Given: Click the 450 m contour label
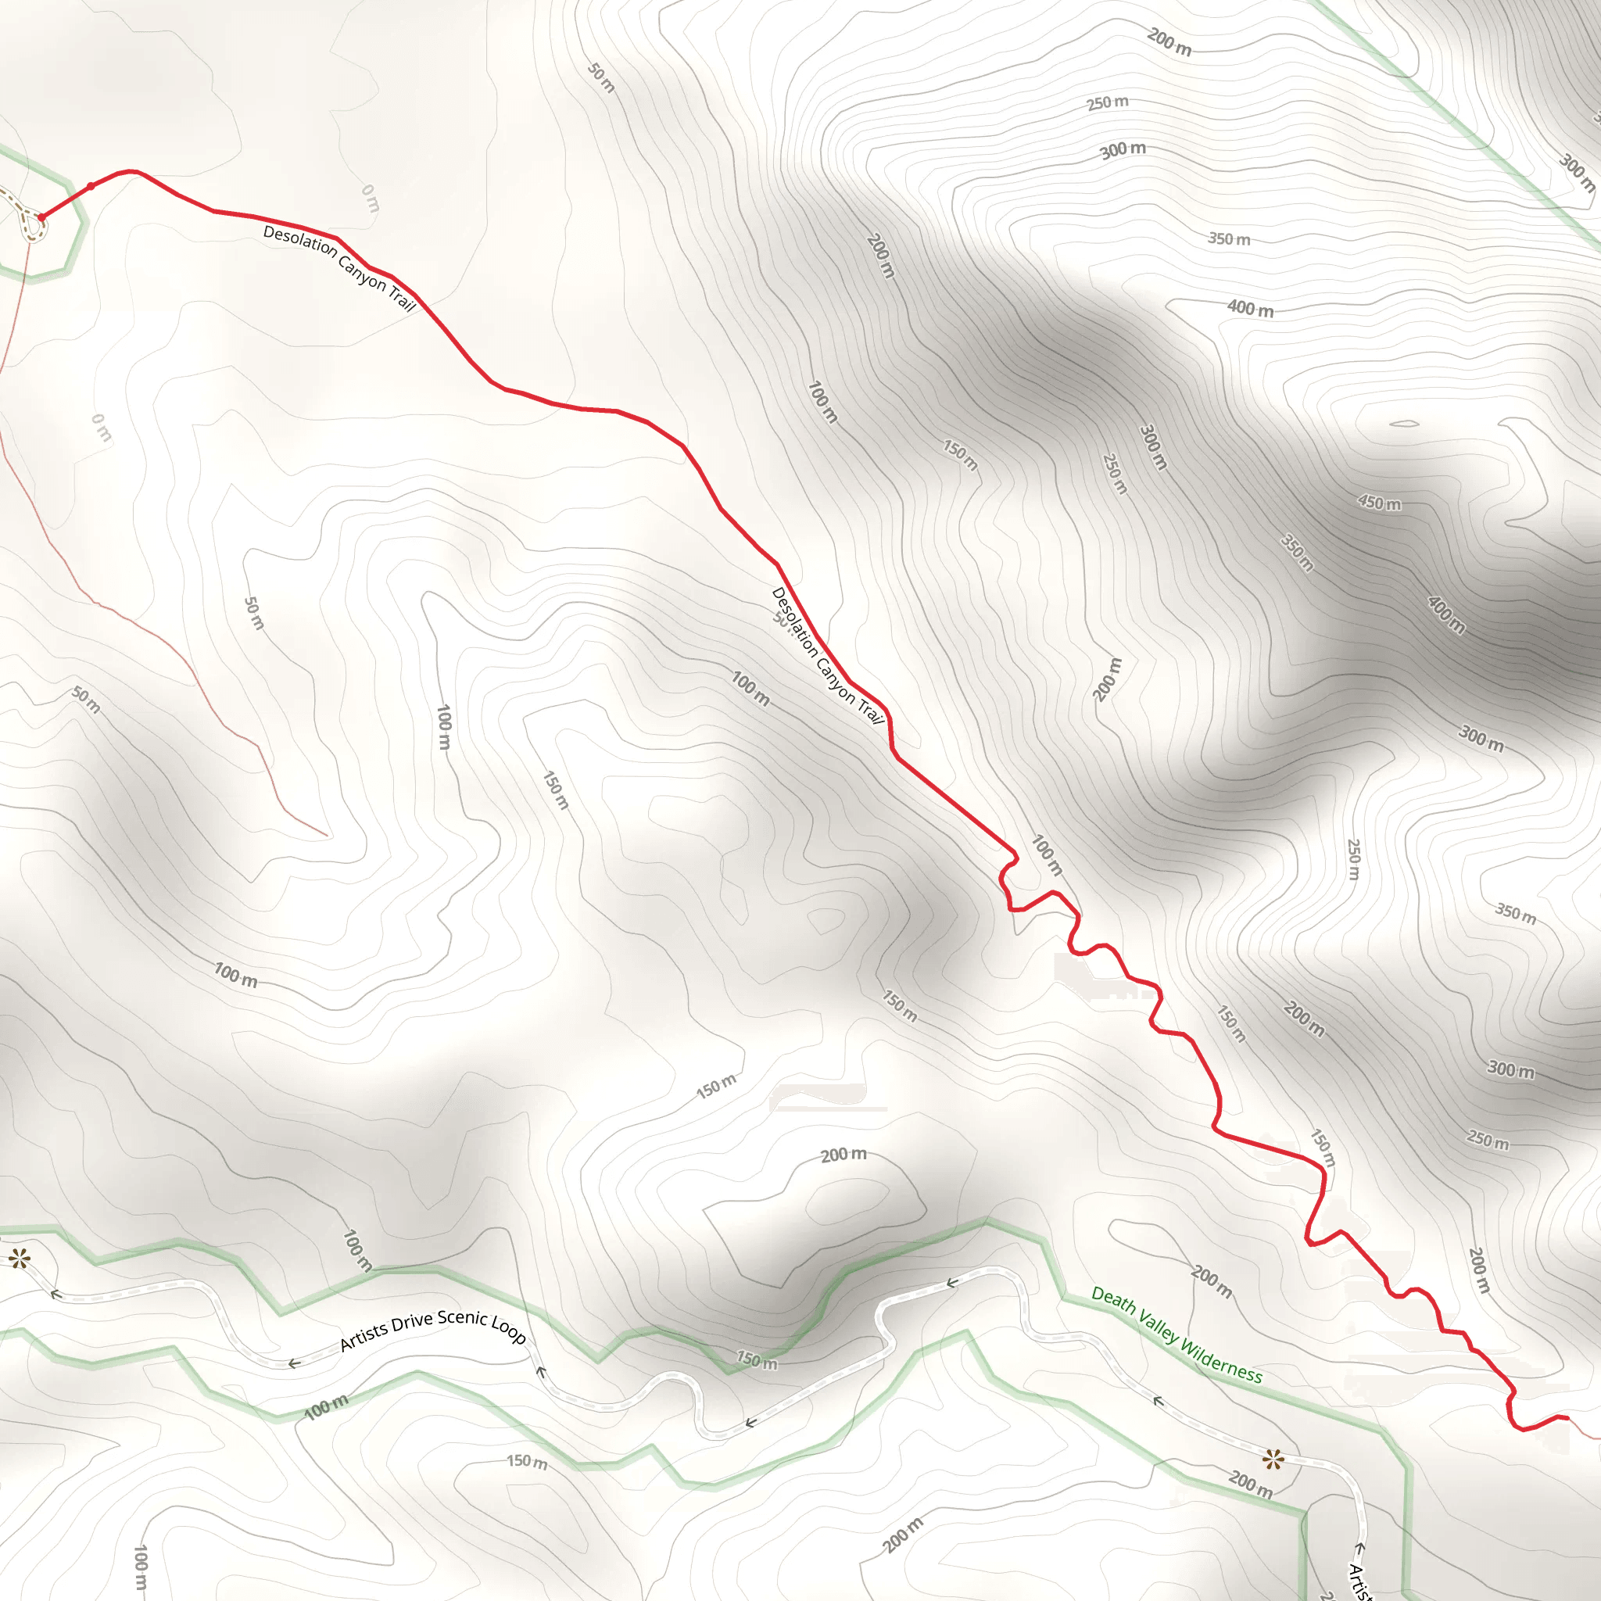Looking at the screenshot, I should (x=1379, y=503).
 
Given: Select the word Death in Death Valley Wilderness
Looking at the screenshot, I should (x=1113, y=1301).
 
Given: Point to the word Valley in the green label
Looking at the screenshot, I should (x=1157, y=1326).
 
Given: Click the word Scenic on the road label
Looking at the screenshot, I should (x=461, y=1319).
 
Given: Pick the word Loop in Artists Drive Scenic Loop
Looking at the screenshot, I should (x=508, y=1330).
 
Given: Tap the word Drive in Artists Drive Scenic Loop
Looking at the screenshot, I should (x=411, y=1323).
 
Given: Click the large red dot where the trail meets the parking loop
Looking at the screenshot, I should (x=41, y=217).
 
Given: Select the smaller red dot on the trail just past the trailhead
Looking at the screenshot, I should (x=91, y=185).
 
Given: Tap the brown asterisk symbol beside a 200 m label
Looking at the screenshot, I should (x=1273, y=1459).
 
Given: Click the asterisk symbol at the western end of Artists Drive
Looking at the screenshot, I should (x=19, y=1260).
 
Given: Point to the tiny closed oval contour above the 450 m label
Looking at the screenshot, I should (x=1404, y=424).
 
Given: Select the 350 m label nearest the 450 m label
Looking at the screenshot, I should (x=1297, y=553).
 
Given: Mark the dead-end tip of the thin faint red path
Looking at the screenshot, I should (x=328, y=836).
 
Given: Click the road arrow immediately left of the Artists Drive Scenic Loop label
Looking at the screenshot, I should (x=293, y=1363).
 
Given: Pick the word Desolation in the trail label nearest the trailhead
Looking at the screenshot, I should (x=300, y=240).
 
